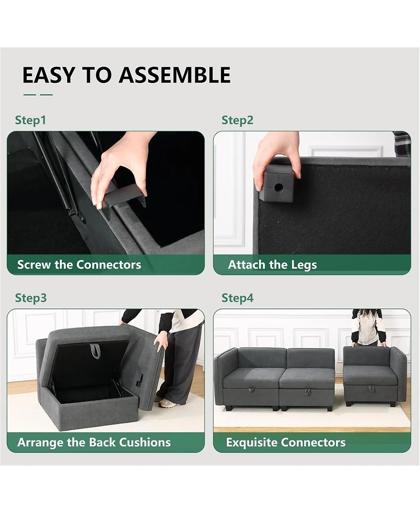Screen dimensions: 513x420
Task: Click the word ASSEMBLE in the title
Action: click(x=175, y=75)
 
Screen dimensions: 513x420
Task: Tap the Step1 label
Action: click(x=30, y=120)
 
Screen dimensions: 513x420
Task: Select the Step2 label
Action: click(x=237, y=120)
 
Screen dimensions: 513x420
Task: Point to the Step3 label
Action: click(x=30, y=298)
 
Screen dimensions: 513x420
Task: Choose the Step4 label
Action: click(x=237, y=298)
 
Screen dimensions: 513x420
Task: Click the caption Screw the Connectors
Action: click(x=79, y=265)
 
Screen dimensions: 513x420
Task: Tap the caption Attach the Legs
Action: click(x=272, y=265)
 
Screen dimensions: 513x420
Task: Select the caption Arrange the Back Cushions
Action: click(x=94, y=442)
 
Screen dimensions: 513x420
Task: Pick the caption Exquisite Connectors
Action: click(x=286, y=442)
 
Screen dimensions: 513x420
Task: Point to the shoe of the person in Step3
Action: click(x=167, y=403)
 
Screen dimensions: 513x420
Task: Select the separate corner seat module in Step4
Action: click(x=374, y=375)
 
